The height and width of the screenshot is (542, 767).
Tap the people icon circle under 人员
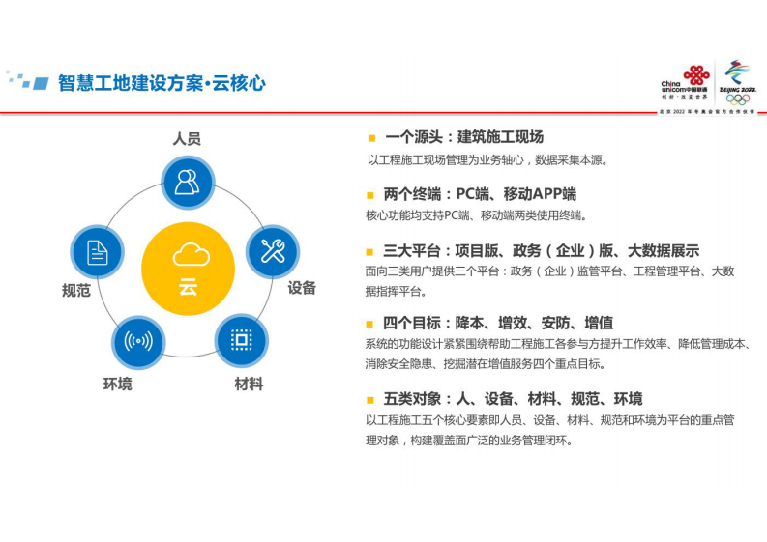coord(188,182)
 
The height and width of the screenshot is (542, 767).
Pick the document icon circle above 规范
coord(98,252)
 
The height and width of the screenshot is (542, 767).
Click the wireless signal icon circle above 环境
coord(133,340)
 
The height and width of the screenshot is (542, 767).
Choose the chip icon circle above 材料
coord(241,339)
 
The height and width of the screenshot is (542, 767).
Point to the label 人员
coord(187,139)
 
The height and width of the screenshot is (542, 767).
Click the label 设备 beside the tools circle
coord(302,287)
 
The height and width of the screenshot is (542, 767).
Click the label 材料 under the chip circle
coord(249,384)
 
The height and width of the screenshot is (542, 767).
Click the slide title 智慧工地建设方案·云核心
coord(162,83)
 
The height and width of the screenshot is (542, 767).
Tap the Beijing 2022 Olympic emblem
coord(739,82)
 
